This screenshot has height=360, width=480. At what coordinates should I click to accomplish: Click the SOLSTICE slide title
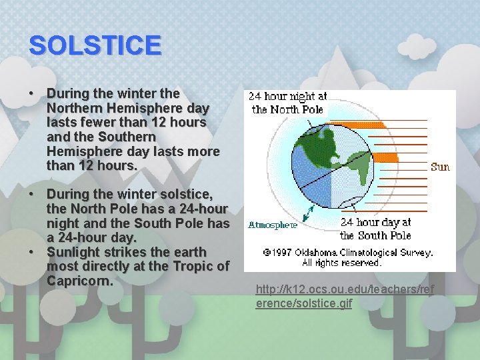tap(95, 45)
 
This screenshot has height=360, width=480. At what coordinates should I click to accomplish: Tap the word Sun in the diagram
tap(440, 167)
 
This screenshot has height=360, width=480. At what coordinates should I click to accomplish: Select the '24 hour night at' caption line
tap(287, 97)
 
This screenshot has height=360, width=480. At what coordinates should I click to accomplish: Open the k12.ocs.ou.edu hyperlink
tap(344, 295)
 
